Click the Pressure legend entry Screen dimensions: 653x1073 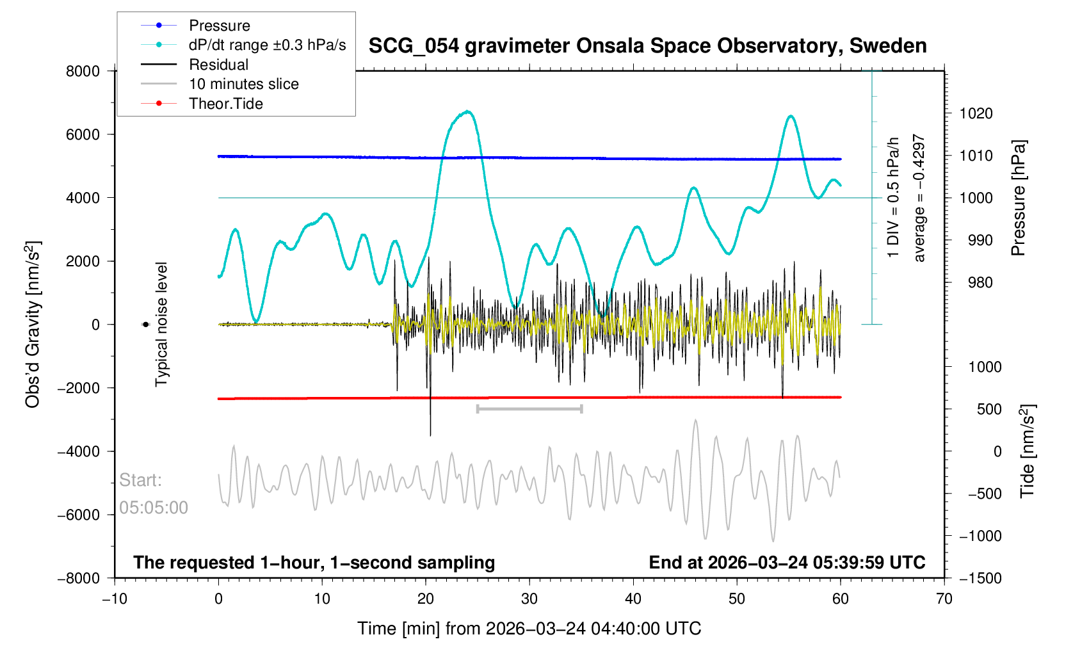(219, 26)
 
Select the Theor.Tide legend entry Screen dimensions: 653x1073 (225, 104)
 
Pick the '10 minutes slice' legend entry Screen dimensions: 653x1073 (243, 84)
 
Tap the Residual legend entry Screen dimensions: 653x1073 (218, 65)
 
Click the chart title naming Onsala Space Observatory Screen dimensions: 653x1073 (647, 46)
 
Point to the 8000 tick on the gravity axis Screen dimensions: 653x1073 (83, 71)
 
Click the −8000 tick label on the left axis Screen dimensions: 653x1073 (79, 578)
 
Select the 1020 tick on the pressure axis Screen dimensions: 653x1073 (976, 113)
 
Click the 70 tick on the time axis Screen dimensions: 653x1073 (944, 599)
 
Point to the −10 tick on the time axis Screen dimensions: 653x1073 (115, 599)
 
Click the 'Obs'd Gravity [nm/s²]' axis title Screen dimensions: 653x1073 (33, 325)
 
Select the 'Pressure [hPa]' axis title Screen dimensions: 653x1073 (1018, 198)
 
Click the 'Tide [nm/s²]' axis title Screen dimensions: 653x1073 (1027, 451)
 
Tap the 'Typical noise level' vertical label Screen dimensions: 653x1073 (161, 325)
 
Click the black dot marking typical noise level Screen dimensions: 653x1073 (145, 325)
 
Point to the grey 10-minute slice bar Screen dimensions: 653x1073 (529, 408)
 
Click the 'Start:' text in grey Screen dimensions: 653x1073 (140, 480)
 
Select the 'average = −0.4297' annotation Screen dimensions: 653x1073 (919, 198)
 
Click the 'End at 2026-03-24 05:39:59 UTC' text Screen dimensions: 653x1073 (787, 563)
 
